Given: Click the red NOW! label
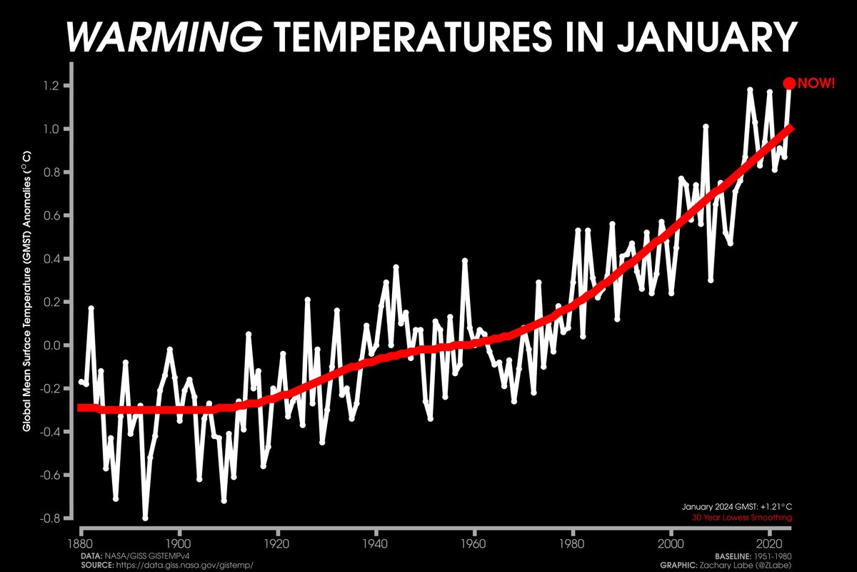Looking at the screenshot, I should tap(816, 84).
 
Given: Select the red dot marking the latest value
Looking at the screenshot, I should tap(789, 84).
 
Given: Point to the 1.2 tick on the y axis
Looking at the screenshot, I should tap(56, 86).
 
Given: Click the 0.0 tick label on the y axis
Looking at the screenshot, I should tap(56, 345).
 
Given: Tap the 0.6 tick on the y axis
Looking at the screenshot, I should tap(56, 216).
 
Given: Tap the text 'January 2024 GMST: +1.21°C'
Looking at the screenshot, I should tap(738, 506).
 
